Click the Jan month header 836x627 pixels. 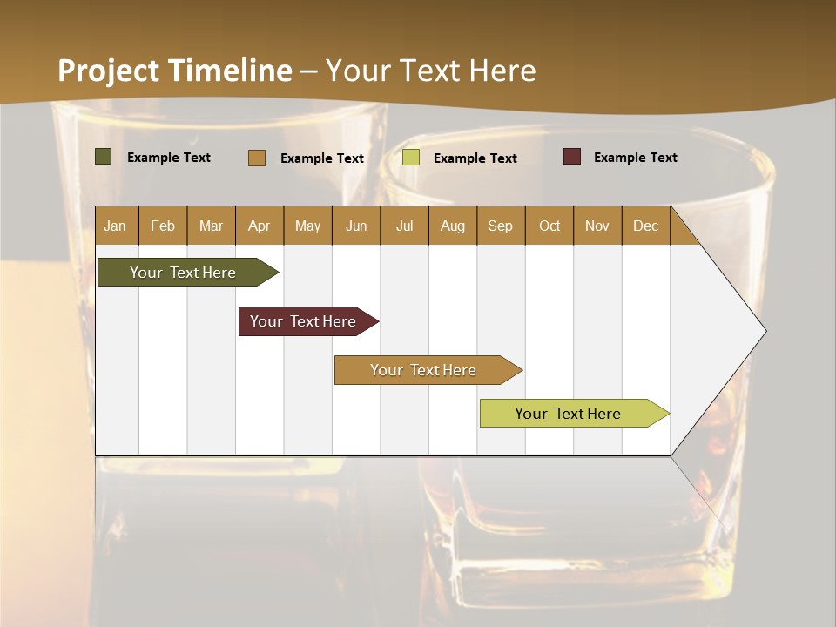click(116, 226)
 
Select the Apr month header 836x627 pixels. click(260, 226)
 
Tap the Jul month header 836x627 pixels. click(404, 226)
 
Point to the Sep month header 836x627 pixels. click(501, 226)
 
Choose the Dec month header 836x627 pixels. click(645, 226)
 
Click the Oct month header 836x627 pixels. click(549, 226)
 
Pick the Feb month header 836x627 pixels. click(163, 226)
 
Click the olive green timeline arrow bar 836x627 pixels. click(184, 273)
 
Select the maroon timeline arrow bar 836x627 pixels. click(304, 321)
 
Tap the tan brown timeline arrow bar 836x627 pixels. click(424, 370)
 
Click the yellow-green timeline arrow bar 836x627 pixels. click(569, 414)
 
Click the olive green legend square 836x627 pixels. click(103, 157)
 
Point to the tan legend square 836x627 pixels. click(257, 158)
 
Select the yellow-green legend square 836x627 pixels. click(411, 158)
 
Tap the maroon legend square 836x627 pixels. click(571, 157)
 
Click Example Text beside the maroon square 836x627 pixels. click(635, 158)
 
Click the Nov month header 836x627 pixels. click(597, 226)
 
